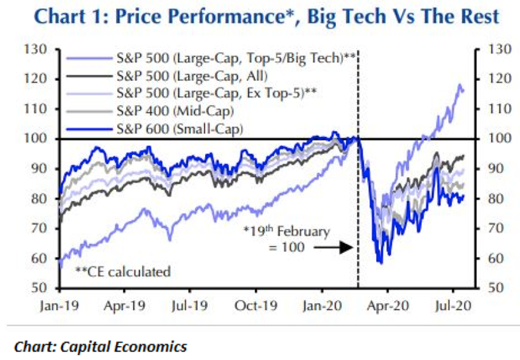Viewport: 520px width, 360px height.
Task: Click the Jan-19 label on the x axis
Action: [58, 304]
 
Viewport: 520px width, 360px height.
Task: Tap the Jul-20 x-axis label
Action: [452, 304]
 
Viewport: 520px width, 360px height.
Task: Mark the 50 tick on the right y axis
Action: [492, 288]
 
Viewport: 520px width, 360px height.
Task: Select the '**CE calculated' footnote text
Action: [123, 272]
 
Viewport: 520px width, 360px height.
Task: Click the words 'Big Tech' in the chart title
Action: [350, 17]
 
